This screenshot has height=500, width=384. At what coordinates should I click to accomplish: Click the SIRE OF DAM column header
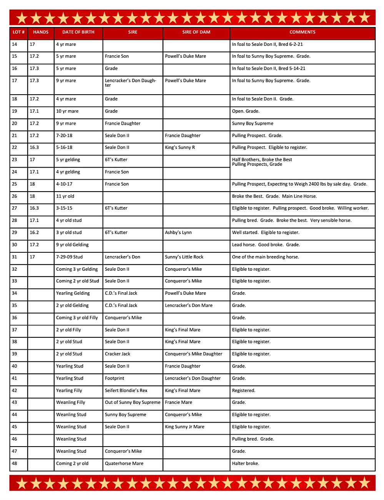pyautogui.click(x=196, y=32)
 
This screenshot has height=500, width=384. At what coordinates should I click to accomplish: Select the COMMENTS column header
pyautogui.click(x=302, y=32)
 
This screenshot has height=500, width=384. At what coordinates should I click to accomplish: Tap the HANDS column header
pyautogui.click(x=41, y=32)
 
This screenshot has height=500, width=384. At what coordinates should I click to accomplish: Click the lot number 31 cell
pyautogui.click(x=15, y=257)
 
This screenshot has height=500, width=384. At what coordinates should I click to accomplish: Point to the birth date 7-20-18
pyautogui.click(x=64, y=135)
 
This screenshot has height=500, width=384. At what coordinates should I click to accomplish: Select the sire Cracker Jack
pyautogui.click(x=118, y=354)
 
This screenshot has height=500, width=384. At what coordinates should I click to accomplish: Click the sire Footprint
pyautogui.click(x=115, y=378)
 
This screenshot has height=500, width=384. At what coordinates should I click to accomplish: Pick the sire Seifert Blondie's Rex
pyautogui.click(x=126, y=390)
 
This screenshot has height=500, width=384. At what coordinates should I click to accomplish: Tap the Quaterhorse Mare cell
pyautogui.click(x=124, y=463)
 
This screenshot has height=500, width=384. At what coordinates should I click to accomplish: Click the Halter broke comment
pyautogui.click(x=246, y=463)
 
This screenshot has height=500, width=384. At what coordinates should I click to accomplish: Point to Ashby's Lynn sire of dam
pyautogui.click(x=178, y=232)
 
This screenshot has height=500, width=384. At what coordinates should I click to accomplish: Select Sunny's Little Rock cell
pyautogui.click(x=184, y=257)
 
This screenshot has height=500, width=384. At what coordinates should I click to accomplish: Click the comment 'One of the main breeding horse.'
pyautogui.click(x=265, y=257)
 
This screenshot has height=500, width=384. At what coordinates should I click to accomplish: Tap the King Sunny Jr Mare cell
pyautogui.click(x=185, y=427)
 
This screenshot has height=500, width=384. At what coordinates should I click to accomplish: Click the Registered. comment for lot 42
pyautogui.click(x=244, y=390)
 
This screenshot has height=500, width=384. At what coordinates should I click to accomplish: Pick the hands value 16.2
pyautogui.click(x=34, y=232)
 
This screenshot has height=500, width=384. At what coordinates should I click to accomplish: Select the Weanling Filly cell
pyautogui.click(x=71, y=402)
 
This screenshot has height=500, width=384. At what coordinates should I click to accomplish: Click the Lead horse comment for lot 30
pyautogui.click(x=266, y=245)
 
